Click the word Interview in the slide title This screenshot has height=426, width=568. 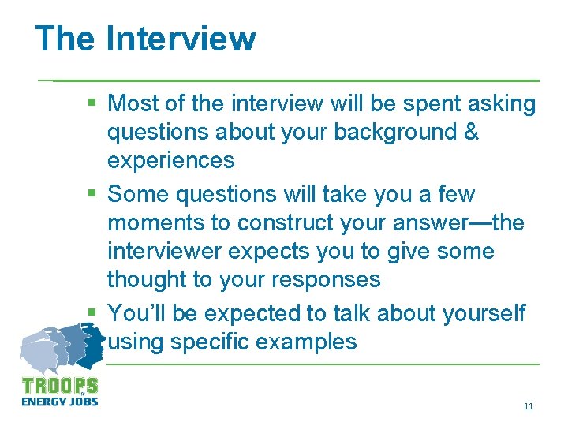pos(181,38)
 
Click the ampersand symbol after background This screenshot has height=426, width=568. pos(471,132)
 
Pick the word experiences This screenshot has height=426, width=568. pos(170,160)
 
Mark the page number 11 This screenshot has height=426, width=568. pos(528,406)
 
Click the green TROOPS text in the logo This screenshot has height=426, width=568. pos(60,387)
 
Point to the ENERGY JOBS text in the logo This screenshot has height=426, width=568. pos(60,401)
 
